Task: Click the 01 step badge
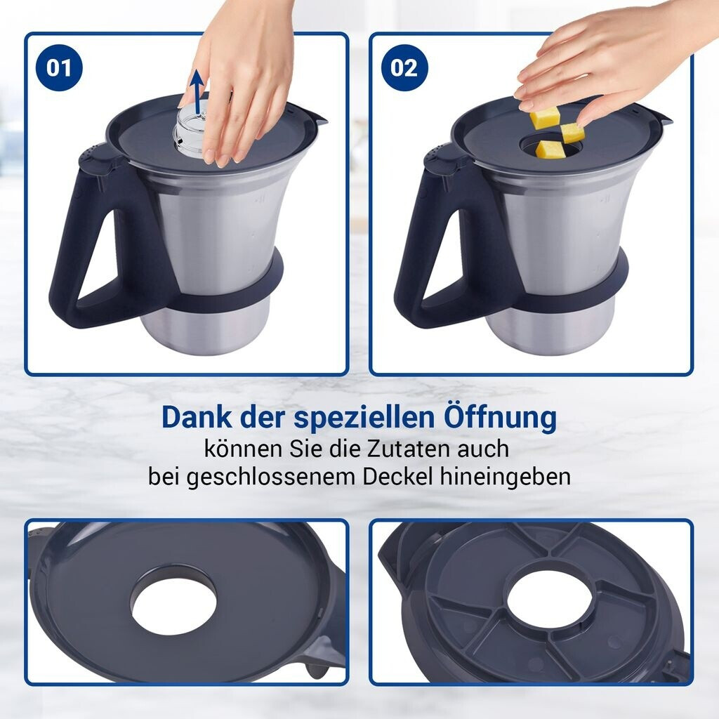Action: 59,68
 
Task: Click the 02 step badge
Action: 404,68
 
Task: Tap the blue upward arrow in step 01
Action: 197,91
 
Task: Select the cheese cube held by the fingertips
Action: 572,133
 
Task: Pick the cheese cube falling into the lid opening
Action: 549,150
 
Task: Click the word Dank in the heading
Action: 197,418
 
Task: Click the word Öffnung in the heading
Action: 501,418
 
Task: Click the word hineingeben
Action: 506,477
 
